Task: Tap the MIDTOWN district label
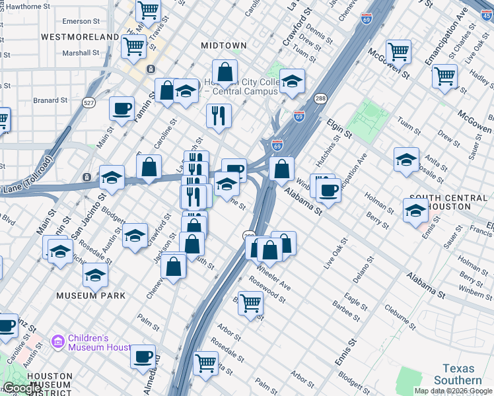point(224,46)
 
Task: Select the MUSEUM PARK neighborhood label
point(90,295)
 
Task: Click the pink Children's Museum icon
point(58,341)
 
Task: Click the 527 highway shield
point(89,102)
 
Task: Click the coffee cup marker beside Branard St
point(122,108)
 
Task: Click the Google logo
point(22,387)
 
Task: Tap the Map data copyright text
point(453,391)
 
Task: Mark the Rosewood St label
point(267,290)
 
